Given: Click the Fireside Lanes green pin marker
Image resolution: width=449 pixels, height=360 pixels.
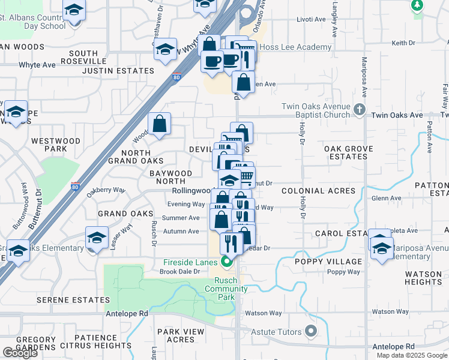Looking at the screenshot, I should click(x=226, y=261).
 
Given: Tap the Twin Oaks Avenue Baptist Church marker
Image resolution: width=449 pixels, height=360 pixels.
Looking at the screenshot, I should click(x=359, y=109).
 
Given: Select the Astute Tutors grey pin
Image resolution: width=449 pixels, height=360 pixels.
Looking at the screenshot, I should click(x=310, y=331).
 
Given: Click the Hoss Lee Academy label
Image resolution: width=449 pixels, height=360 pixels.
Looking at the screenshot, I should click(x=295, y=47).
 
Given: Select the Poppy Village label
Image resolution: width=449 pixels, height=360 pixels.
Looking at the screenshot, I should click(x=328, y=262).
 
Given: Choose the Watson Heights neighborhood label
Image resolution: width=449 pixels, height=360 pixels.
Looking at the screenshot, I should click(x=423, y=278).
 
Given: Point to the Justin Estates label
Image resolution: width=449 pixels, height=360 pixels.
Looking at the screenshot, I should click(x=118, y=71).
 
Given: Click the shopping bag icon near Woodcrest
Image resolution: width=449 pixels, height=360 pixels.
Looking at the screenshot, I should click(x=160, y=125).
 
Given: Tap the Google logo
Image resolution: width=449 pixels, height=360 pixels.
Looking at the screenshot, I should click(x=20, y=353).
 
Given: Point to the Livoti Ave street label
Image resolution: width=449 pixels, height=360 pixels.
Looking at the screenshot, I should click(x=312, y=19).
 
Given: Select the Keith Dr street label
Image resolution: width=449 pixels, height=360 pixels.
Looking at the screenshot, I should click(x=403, y=43).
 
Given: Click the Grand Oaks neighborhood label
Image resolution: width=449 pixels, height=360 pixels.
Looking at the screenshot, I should click(x=122, y=214).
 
